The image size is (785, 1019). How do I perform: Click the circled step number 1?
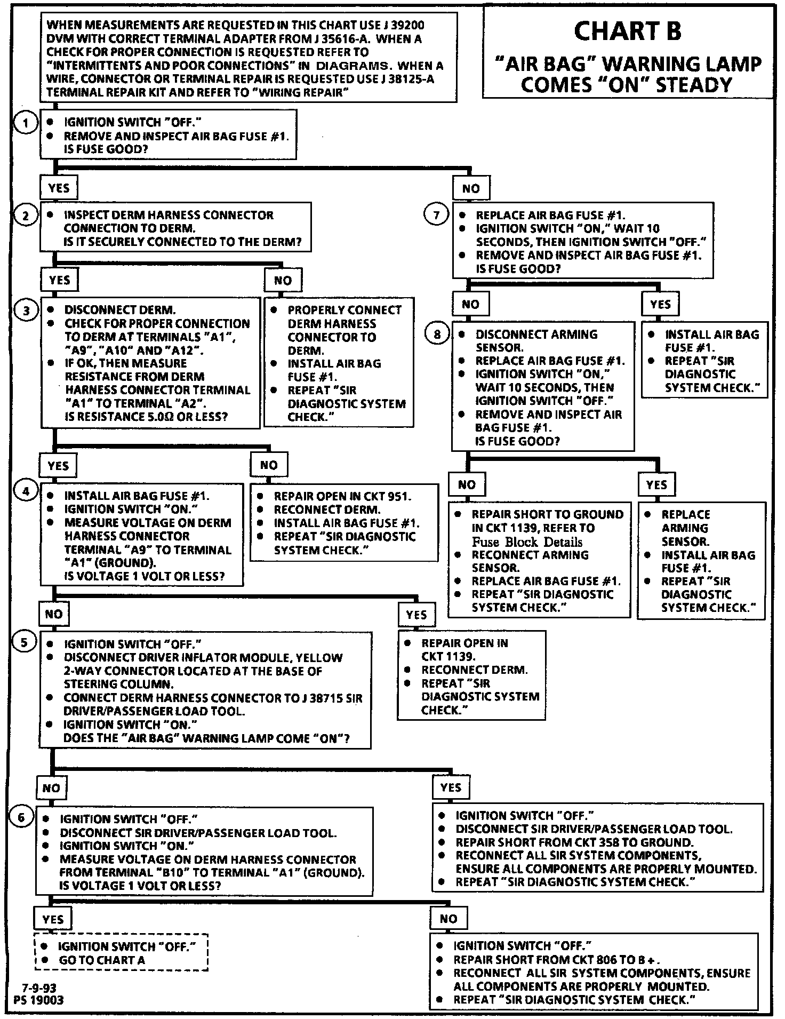coord(24,123)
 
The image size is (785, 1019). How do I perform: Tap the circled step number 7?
coord(436,215)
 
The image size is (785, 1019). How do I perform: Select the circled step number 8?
coord(437,335)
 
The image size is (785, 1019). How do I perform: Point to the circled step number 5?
coord(24,642)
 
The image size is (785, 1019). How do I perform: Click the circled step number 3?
coord(26,311)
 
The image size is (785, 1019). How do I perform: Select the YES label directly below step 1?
coord(59,188)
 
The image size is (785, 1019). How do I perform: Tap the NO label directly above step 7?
coord(470,188)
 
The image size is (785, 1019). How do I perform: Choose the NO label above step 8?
coord(470,304)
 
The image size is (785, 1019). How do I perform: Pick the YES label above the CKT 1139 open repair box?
coord(416,615)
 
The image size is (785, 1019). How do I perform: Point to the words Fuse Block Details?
coord(527,542)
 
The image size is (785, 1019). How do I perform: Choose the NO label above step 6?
coord(51,787)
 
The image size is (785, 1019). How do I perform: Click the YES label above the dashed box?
coord(53,919)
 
